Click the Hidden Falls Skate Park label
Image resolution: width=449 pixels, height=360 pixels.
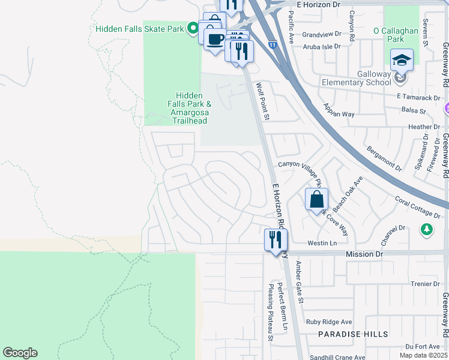click(x=140, y=28)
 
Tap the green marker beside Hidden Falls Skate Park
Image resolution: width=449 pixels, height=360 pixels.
click(x=193, y=28)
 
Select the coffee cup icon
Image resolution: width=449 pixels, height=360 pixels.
click(x=215, y=40)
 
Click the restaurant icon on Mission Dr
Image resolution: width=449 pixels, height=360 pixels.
click(x=276, y=240)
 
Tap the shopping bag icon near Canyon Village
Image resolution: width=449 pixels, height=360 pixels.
click(x=316, y=199)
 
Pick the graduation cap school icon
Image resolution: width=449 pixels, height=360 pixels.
click(x=402, y=60)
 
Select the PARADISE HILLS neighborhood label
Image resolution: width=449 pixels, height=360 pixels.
click(x=353, y=334)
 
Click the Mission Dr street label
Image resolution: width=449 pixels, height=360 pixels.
click(x=364, y=254)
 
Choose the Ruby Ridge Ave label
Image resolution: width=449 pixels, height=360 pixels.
click(x=329, y=322)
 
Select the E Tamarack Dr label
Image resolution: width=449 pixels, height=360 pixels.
click(x=418, y=97)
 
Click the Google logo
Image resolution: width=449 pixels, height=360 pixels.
click(x=20, y=353)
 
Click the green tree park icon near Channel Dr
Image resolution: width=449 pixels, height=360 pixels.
click(x=426, y=229)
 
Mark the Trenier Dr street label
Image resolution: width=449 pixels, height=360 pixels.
click(x=426, y=284)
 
